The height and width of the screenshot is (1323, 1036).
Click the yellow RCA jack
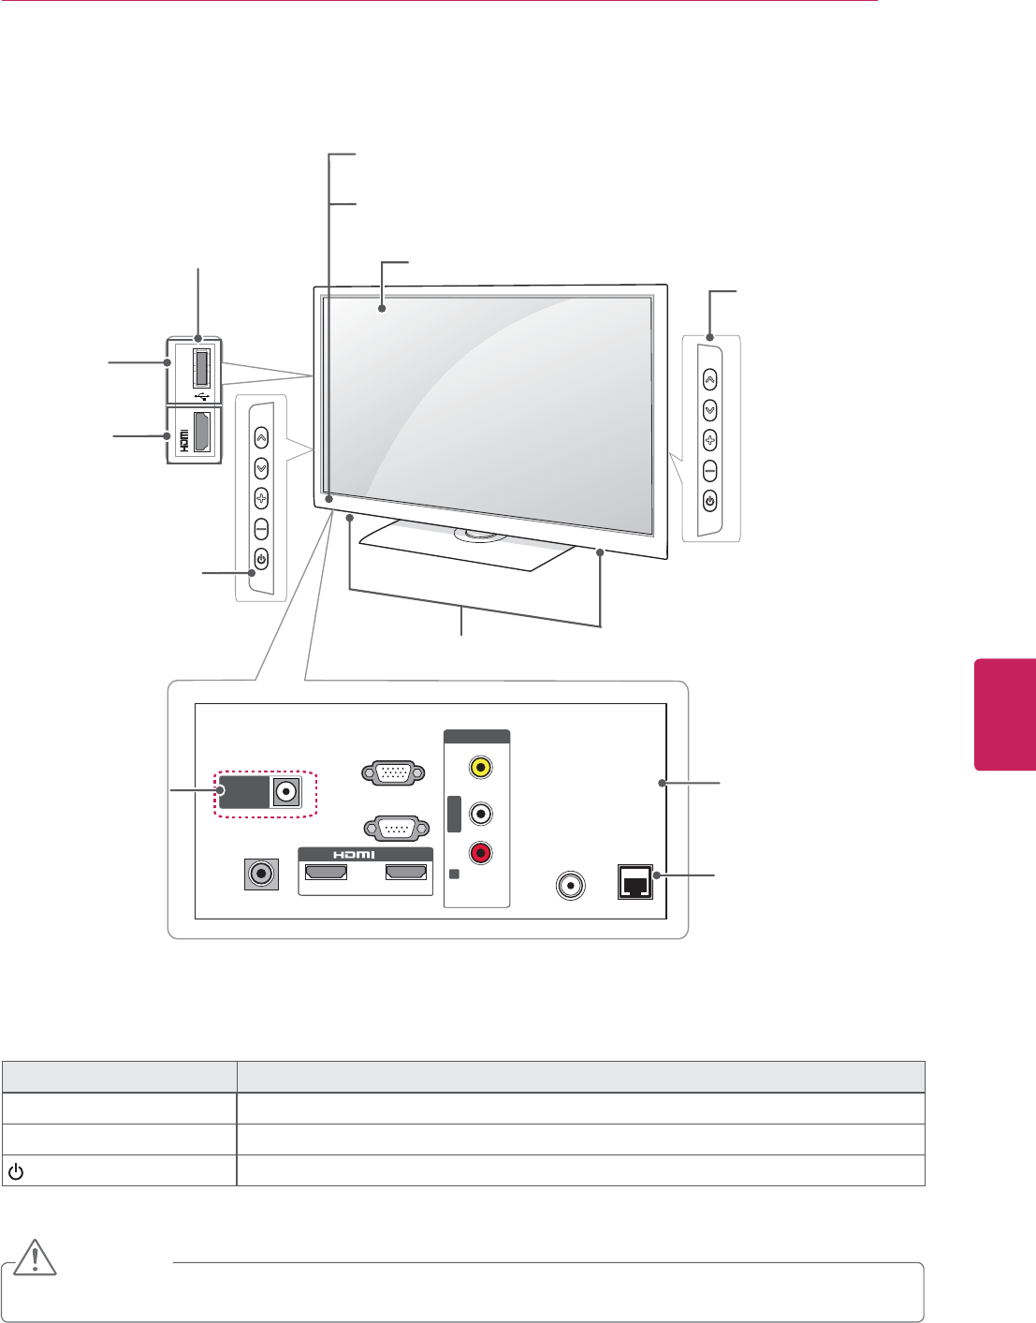coord(480,767)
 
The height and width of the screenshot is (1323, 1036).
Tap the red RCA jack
coord(480,853)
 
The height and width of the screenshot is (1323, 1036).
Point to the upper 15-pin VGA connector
coord(394,773)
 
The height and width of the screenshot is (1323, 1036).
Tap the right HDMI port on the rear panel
coord(406,873)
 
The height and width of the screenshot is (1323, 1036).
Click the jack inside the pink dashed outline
coord(286,792)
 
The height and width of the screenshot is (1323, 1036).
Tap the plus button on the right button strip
coord(709,440)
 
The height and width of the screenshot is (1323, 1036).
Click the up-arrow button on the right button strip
coord(709,380)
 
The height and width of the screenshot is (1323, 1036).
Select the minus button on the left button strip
coord(261,529)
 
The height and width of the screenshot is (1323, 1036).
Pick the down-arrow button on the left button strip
coord(261,467)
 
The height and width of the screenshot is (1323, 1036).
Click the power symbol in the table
coord(16,1170)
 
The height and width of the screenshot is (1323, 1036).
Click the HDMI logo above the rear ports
coord(355,855)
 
